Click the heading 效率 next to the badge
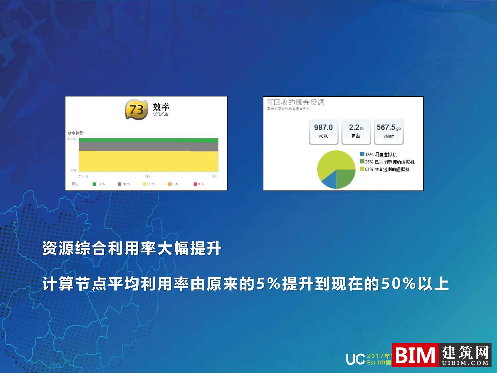(161, 107)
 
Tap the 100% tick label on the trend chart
(72, 139)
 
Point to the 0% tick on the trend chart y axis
(74, 170)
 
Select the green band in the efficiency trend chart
(148, 140)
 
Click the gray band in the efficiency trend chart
(148, 146)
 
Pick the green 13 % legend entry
(99, 184)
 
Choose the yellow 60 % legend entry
(149, 184)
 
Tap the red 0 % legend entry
(199, 184)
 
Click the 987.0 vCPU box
(323, 131)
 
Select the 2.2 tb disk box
(356, 131)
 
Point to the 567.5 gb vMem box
(389, 131)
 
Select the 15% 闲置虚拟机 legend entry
(378, 155)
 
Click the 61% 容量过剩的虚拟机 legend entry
(385, 169)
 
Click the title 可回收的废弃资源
(295, 102)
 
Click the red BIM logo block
(415, 355)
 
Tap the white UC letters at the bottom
(355, 359)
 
